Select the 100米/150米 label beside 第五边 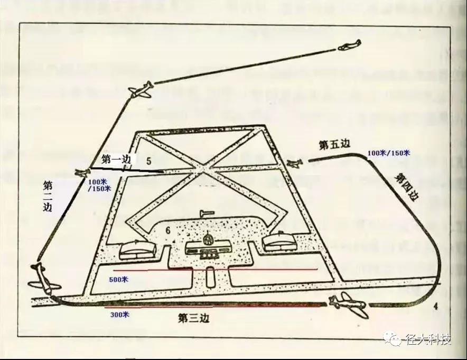pyautogui.click(x=388, y=153)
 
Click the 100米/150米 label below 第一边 pyautogui.click(x=99, y=184)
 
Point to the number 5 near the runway pyautogui.click(x=149, y=160)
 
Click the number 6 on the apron pyautogui.click(x=167, y=230)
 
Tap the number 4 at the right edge pyautogui.click(x=435, y=306)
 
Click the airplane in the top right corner pyautogui.click(x=349, y=45)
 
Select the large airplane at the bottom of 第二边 pyautogui.click(x=44, y=276)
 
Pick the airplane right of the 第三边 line pyautogui.click(x=349, y=306)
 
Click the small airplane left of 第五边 pyautogui.click(x=295, y=164)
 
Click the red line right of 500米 pyautogui.click(x=227, y=270)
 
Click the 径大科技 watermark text pyautogui.click(x=428, y=339)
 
